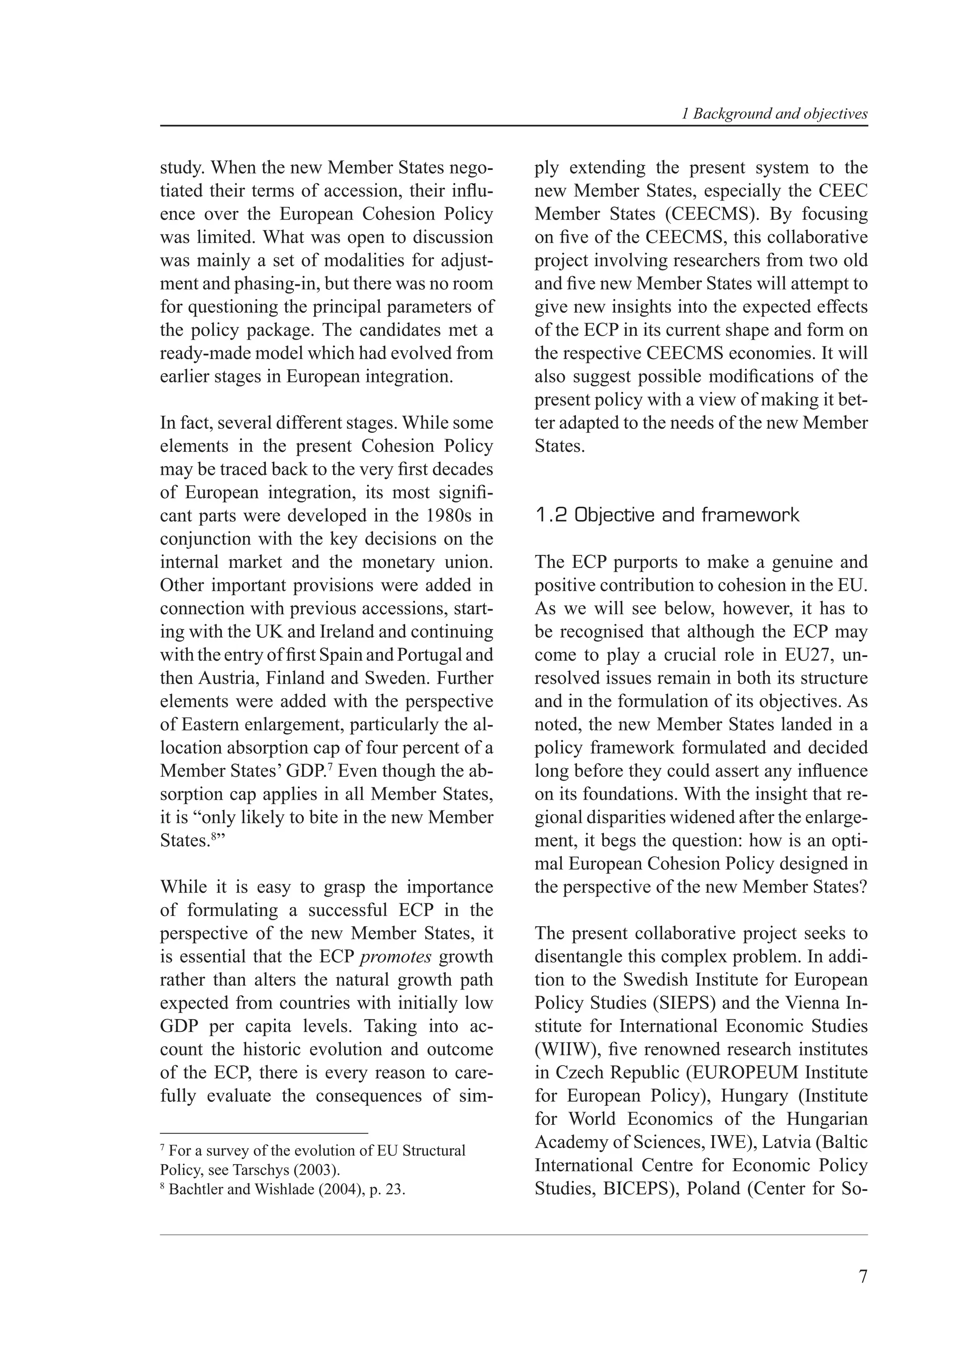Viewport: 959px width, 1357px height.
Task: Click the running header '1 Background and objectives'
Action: coord(774,114)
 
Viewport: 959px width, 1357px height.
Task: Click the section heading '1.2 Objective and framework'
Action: coord(666,516)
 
